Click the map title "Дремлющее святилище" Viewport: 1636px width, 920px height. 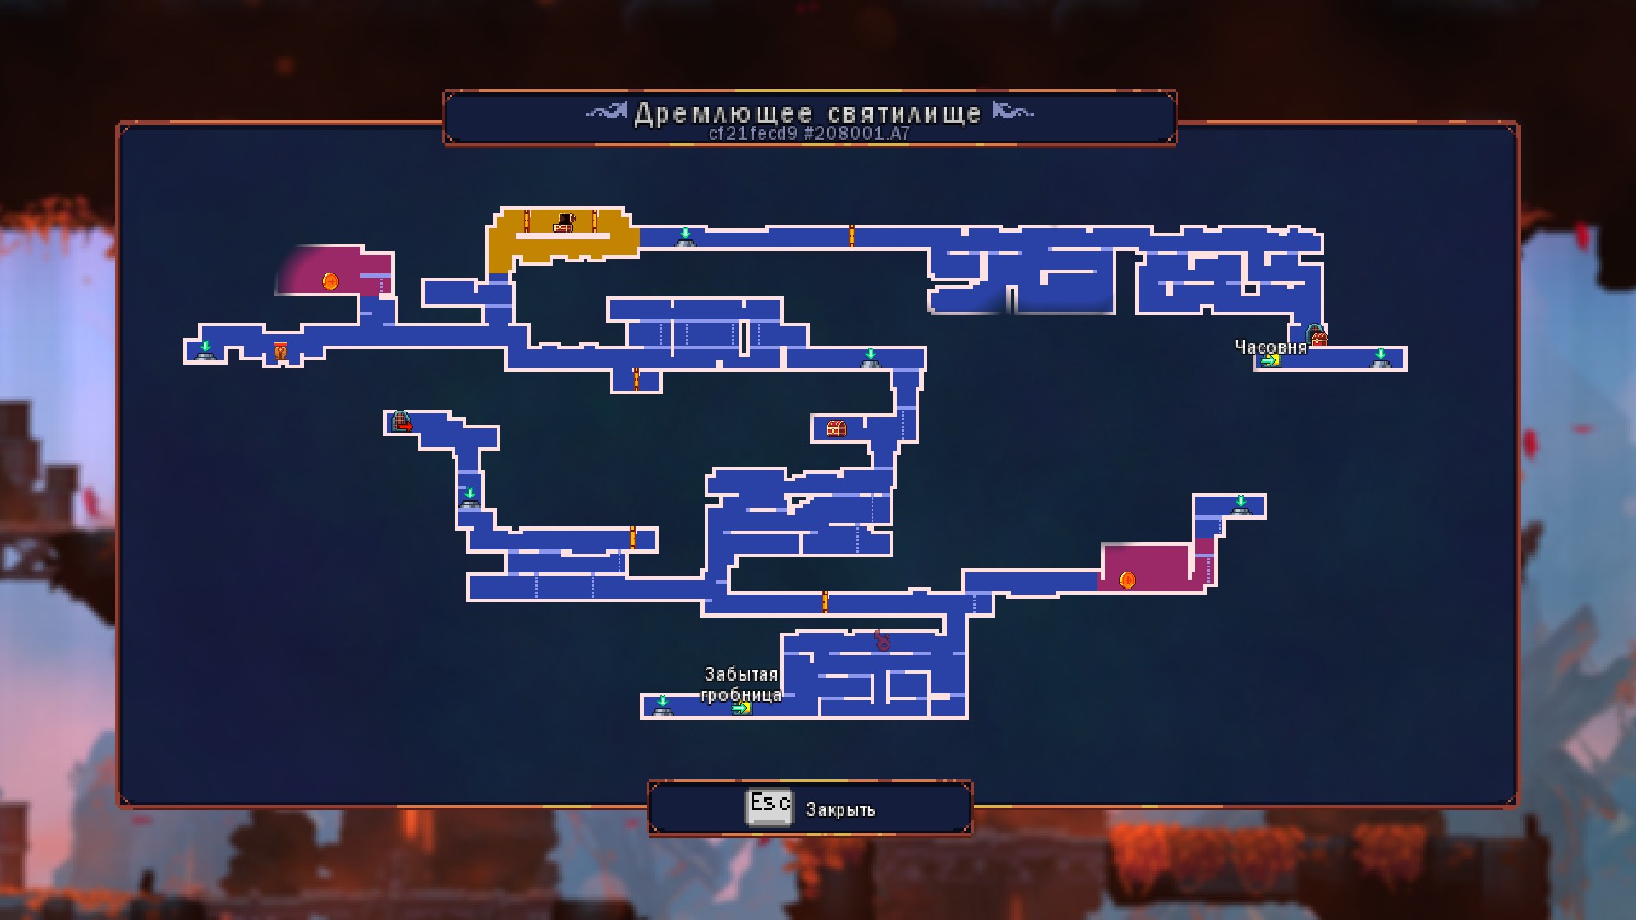808,113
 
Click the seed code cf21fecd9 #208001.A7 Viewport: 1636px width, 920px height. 809,134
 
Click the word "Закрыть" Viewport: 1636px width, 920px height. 840,809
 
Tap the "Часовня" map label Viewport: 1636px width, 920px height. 1270,347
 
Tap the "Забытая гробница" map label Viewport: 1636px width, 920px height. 740,684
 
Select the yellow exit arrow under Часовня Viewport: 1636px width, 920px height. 1270,360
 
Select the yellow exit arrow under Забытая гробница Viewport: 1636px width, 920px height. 741,707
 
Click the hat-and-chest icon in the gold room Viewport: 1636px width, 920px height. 563,222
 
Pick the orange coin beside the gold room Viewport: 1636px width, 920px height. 331,280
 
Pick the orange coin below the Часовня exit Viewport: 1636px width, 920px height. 1126,580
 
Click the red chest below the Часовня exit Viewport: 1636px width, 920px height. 836,428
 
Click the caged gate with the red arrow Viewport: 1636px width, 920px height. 401,421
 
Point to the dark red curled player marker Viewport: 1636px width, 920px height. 883,640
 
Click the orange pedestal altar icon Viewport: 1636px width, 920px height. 280,351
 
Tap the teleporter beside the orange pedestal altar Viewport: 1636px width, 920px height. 205,350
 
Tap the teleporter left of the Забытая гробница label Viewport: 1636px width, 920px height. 662,705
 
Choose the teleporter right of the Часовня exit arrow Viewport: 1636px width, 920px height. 1380,359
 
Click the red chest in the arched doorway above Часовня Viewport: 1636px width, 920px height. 1317,336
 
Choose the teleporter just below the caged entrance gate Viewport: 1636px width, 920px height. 469,497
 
